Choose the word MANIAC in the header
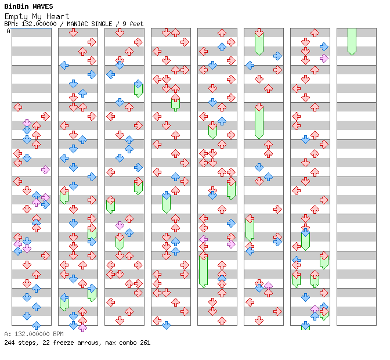(x=78, y=24)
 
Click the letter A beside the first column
(x=8, y=31)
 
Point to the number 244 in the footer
(x=9, y=343)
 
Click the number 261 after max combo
(x=145, y=343)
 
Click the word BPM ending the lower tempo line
(x=57, y=334)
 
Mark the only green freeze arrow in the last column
(x=352, y=42)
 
